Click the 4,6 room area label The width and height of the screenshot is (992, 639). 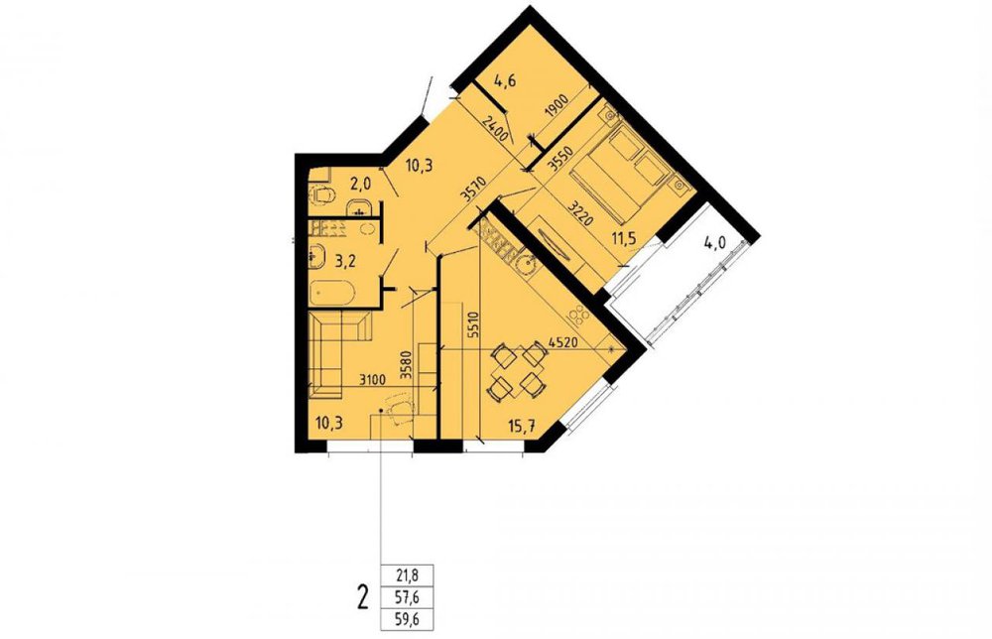[x=504, y=81]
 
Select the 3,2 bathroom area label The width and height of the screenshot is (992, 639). [x=342, y=261]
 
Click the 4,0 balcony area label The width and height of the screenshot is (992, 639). [x=715, y=243]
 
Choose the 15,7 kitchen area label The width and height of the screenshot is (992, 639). [x=522, y=425]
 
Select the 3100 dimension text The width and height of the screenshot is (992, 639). [x=371, y=380]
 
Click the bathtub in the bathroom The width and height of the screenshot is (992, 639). [x=332, y=294]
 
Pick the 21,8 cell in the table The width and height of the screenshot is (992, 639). [x=407, y=575]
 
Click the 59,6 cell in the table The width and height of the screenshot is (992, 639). [x=407, y=619]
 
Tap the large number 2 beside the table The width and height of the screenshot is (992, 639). [x=362, y=597]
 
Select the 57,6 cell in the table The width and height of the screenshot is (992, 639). [x=407, y=597]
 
